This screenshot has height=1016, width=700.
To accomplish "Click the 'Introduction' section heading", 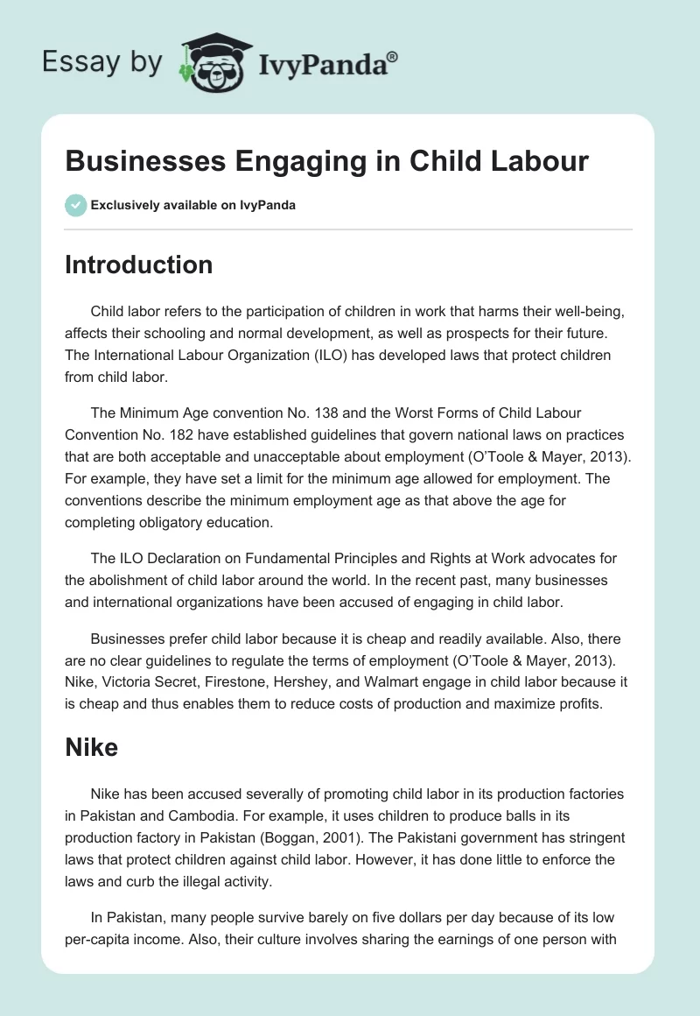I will [x=138, y=265].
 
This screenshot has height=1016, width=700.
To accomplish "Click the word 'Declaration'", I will [x=186, y=559].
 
